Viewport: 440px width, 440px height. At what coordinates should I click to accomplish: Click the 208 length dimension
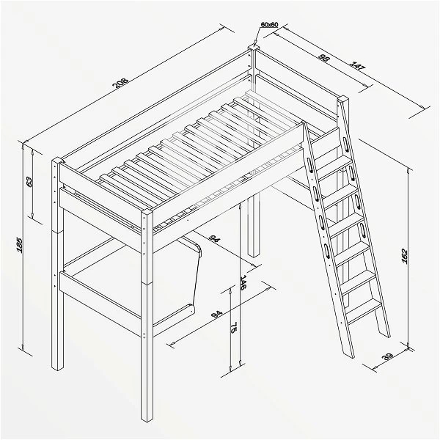tap(120, 83)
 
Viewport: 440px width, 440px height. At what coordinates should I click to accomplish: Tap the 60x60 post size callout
tap(269, 25)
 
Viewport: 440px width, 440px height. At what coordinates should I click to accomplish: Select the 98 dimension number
tap(324, 58)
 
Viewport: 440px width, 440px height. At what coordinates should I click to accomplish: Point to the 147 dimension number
tap(357, 67)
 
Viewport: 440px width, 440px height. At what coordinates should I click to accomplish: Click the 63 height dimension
tap(29, 182)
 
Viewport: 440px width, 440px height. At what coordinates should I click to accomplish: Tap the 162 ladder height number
tap(405, 256)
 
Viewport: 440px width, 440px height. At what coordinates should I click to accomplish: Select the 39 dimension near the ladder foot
tap(387, 357)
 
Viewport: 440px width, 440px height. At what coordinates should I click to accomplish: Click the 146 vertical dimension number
tap(243, 282)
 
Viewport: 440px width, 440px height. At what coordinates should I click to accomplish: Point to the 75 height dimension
tap(233, 327)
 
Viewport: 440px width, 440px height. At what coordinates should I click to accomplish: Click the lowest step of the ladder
tap(364, 308)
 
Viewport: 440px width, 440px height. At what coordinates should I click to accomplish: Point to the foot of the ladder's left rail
tap(350, 355)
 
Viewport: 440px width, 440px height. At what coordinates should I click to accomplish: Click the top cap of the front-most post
tap(147, 213)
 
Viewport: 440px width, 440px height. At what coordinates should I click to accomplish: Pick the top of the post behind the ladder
tap(343, 99)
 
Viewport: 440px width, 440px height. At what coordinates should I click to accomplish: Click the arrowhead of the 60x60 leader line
tap(254, 45)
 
